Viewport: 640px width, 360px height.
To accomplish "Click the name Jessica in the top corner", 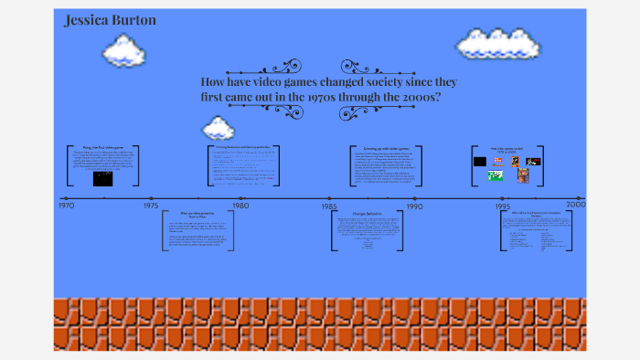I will click(x=82, y=20).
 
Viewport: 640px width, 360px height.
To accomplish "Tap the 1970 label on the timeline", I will click(x=66, y=206).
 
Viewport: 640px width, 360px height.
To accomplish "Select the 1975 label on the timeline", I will click(x=151, y=206).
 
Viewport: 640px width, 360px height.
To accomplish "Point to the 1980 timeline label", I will click(x=240, y=206).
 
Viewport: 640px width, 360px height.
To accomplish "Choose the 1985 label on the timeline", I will click(x=330, y=207).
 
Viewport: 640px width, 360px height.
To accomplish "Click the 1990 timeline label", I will click(x=414, y=206).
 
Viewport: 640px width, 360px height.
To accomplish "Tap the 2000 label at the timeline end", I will click(x=575, y=204).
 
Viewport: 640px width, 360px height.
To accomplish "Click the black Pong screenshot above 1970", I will click(x=102, y=178).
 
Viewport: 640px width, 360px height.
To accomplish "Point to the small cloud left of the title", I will click(x=218, y=127).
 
